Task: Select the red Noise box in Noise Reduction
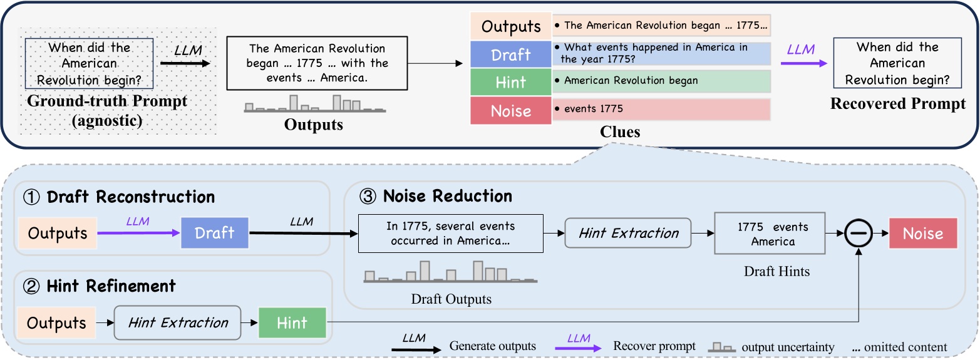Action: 922,234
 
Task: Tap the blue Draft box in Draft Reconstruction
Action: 214,233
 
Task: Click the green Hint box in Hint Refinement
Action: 292,323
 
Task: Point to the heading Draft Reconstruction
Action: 130,197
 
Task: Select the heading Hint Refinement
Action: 111,286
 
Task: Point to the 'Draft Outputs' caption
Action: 451,299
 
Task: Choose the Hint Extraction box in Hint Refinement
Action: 178,323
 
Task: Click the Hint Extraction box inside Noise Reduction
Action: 627,234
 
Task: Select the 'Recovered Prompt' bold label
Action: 898,104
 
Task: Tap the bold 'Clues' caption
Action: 619,132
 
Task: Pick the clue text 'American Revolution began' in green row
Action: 630,80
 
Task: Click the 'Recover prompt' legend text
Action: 654,346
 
